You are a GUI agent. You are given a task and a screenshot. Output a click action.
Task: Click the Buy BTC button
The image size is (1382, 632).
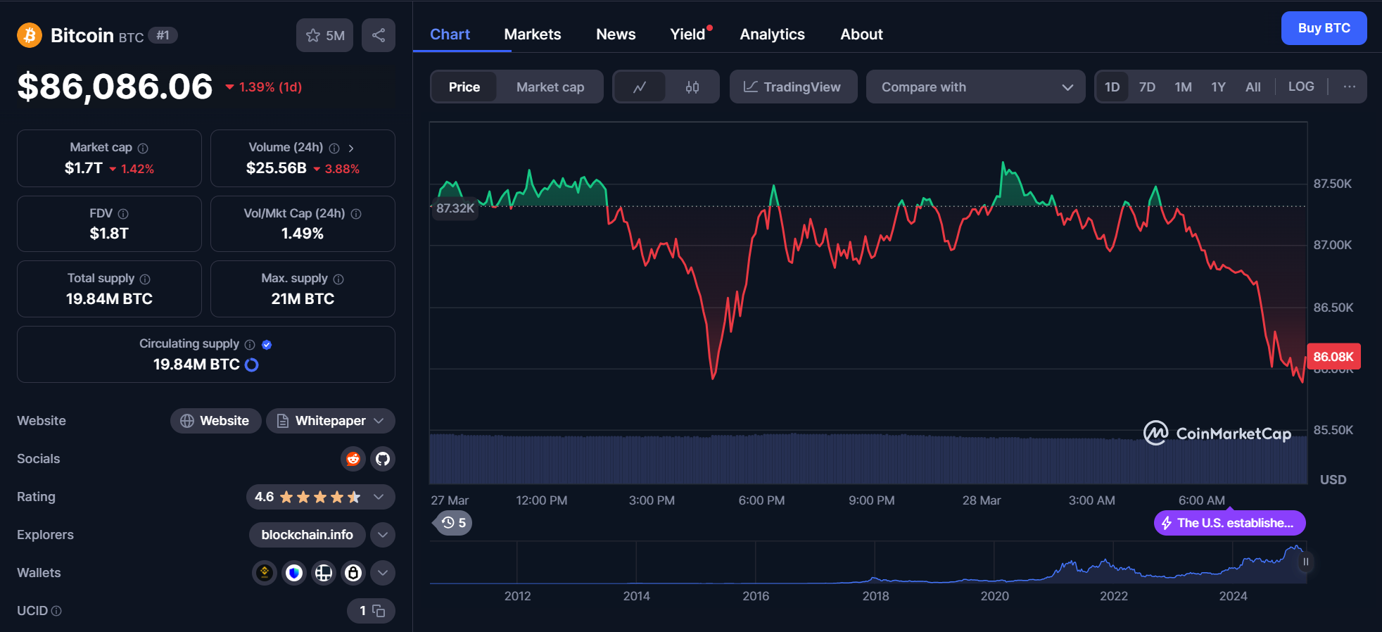[x=1324, y=28]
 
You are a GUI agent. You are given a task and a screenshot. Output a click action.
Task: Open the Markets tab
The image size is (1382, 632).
[x=532, y=34]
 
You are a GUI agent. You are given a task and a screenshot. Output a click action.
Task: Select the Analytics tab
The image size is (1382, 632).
[x=772, y=34]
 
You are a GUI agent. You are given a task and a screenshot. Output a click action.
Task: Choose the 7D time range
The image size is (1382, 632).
[x=1147, y=87]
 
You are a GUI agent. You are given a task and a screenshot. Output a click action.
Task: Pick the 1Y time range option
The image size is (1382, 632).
[x=1218, y=87]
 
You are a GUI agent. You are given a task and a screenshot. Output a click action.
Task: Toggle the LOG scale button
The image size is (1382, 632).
[x=1300, y=87]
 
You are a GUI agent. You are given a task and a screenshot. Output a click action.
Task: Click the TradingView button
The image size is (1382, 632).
[x=793, y=87]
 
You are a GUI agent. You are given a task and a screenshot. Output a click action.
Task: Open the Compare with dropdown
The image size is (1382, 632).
[x=975, y=87]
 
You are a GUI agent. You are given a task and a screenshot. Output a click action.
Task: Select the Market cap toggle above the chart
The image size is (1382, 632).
[x=550, y=87]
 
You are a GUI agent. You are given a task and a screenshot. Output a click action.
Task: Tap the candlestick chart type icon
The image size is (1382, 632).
[x=692, y=87]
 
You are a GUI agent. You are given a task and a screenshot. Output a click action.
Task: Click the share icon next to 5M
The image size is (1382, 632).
[x=379, y=35]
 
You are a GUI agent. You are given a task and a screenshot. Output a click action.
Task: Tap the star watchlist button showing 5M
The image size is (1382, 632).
[x=324, y=35]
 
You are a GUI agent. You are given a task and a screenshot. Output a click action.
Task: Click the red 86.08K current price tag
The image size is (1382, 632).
[x=1333, y=357]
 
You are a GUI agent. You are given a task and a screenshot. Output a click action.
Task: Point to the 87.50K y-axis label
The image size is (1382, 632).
[x=1332, y=184]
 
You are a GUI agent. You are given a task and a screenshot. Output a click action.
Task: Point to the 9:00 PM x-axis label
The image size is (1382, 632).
[x=871, y=500]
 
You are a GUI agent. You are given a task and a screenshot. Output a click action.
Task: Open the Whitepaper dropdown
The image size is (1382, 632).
[x=330, y=421]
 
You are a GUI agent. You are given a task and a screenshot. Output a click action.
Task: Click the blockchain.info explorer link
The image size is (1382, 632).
[x=307, y=535]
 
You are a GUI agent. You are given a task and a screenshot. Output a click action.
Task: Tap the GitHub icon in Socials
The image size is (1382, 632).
[x=383, y=459]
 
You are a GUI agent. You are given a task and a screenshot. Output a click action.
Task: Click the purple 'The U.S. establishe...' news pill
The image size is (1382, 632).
[x=1229, y=523]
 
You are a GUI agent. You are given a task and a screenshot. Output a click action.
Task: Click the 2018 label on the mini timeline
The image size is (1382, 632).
[x=875, y=596]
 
